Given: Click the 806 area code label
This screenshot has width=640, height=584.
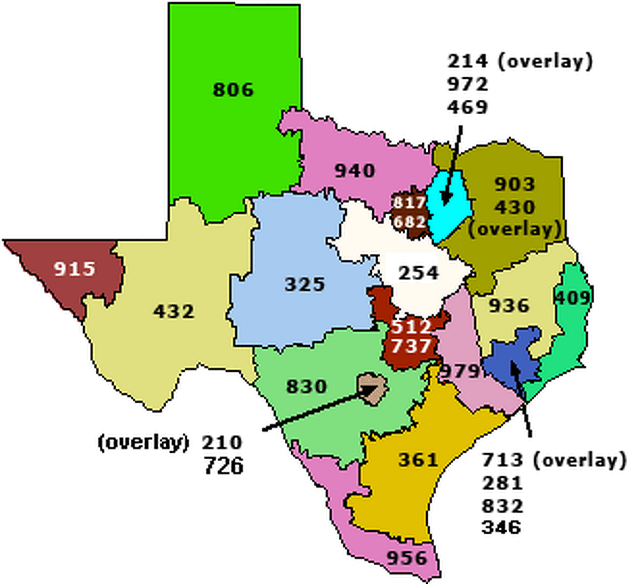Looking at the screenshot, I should (233, 90).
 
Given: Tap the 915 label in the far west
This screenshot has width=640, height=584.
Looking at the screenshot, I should (74, 268).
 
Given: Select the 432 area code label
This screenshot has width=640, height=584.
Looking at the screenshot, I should (174, 311).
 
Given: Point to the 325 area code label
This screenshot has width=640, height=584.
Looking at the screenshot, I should (305, 284).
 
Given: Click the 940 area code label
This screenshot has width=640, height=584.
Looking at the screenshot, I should (355, 171).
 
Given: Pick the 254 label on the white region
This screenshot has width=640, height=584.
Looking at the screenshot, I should (419, 273).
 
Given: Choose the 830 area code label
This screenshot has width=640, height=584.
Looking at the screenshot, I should (306, 386).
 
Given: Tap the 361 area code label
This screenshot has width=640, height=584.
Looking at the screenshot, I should (418, 459).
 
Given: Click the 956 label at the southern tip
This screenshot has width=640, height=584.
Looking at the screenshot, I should (407, 558).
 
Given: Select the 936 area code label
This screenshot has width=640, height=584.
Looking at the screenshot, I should (509, 306).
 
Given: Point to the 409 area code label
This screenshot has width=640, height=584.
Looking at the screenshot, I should (573, 298).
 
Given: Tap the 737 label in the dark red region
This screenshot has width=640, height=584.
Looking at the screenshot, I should (411, 347).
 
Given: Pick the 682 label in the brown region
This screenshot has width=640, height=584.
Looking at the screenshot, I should (410, 220).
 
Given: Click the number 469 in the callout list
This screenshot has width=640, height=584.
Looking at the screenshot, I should (468, 107).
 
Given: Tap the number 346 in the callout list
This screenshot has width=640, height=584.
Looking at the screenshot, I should (501, 527).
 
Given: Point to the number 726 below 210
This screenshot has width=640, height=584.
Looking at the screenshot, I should (223, 466).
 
